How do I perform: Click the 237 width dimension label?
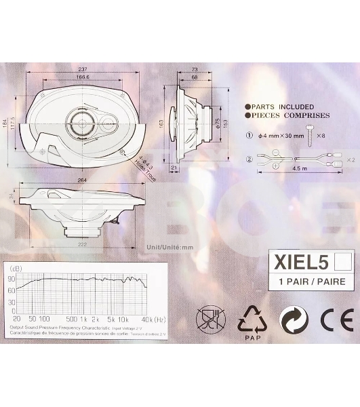tap(83, 70)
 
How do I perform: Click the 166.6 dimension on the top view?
tap(83, 78)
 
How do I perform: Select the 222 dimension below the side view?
tap(83, 243)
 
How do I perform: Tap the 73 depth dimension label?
tap(194, 70)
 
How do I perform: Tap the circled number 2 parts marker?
tap(249, 160)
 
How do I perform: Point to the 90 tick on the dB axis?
tap(12, 279)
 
